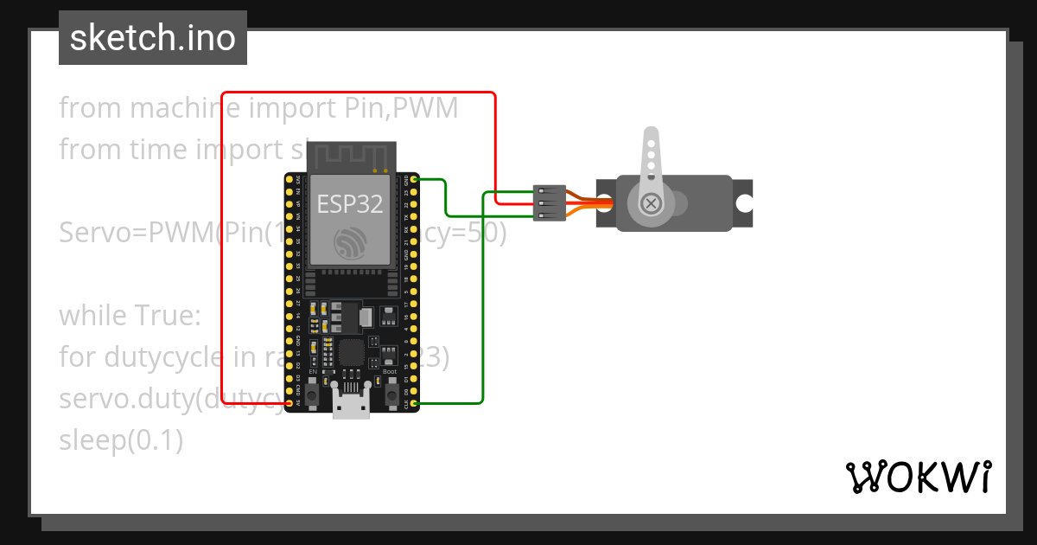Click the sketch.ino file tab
[153, 38]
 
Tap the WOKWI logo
[918, 477]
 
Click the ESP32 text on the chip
[350, 204]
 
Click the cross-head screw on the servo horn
[652, 204]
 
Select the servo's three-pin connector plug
[550, 204]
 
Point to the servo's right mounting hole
[743, 203]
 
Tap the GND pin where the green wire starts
[415, 179]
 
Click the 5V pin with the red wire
[289, 403]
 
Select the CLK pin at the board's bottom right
[415, 403]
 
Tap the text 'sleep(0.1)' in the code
[121, 440]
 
